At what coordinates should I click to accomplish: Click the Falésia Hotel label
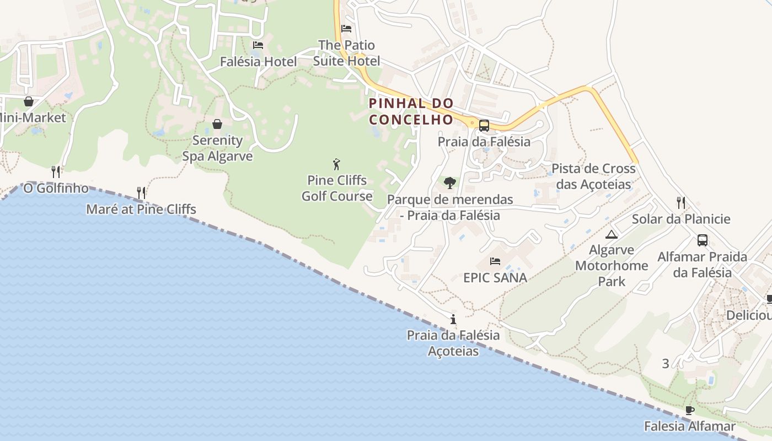click(258, 62)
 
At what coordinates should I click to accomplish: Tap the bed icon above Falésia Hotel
click(258, 45)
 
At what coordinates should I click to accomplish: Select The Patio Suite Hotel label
click(346, 53)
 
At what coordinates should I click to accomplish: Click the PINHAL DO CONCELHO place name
click(411, 111)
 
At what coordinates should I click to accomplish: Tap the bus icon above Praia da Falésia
click(484, 126)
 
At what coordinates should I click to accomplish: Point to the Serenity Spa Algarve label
click(217, 148)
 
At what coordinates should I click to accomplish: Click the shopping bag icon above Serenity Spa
click(217, 124)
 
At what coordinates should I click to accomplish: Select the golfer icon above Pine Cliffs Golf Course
click(336, 164)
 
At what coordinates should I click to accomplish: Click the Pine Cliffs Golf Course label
click(336, 188)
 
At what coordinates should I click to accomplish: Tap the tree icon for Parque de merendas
click(450, 182)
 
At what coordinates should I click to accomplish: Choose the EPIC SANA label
click(495, 278)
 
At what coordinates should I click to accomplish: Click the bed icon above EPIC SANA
click(495, 261)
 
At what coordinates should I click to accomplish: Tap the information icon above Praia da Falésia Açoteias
click(453, 319)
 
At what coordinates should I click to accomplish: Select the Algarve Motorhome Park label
click(612, 266)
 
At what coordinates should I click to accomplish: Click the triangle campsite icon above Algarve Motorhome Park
click(611, 235)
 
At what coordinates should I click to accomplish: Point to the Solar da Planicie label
click(688, 219)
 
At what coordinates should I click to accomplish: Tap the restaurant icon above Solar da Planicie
click(681, 202)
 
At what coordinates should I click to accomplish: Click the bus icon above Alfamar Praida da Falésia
click(702, 240)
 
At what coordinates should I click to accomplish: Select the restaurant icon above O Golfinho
click(56, 171)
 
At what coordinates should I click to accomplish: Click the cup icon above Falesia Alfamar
click(689, 410)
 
